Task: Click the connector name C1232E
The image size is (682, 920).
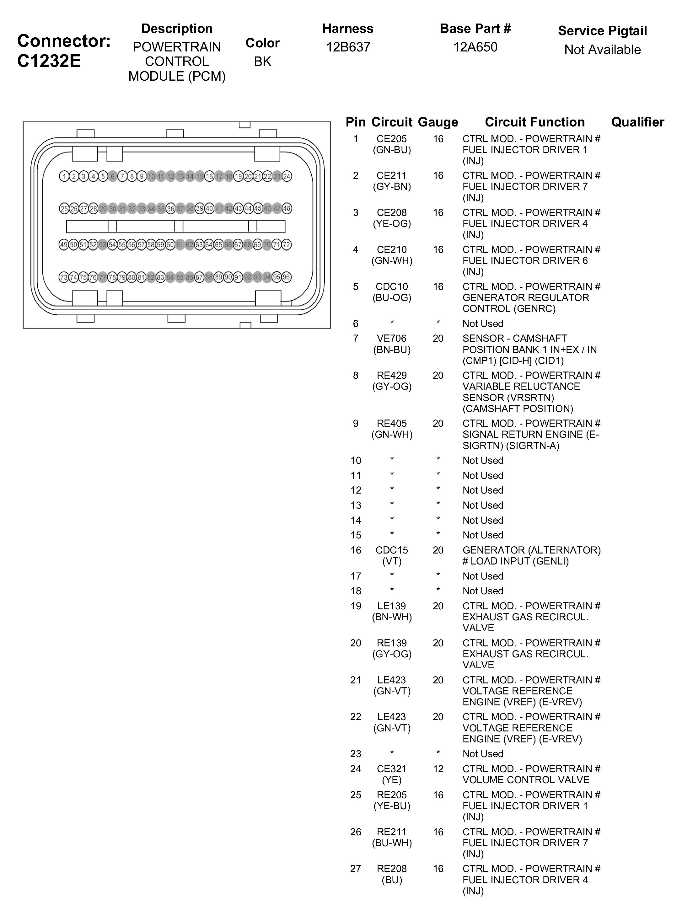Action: coord(49,61)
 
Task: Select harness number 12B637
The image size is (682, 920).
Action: coord(348,47)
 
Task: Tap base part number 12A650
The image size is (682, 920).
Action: coord(475,47)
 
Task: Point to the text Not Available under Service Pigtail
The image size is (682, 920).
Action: coord(602,50)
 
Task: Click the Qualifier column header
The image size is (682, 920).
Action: coord(637,122)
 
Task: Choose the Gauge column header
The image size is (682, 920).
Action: coord(438,122)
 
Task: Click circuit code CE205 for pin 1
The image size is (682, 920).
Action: coord(392,139)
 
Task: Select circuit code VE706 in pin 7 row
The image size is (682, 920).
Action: coord(392,339)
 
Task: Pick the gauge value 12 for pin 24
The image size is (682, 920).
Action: coord(438,769)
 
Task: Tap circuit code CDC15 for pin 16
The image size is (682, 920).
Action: coord(392,550)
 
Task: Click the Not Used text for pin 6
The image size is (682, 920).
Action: coord(483,324)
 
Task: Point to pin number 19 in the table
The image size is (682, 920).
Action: coord(356,606)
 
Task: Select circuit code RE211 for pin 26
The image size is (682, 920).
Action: coord(392,832)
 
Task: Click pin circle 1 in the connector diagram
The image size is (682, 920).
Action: coord(64,177)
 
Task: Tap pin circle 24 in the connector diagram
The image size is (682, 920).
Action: coord(287,177)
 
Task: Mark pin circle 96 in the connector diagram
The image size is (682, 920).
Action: coord(287,277)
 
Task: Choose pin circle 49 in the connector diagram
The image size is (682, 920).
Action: coord(64,245)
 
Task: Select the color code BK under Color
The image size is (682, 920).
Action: coord(262,62)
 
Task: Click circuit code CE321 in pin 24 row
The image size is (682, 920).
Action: coord(392,769)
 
